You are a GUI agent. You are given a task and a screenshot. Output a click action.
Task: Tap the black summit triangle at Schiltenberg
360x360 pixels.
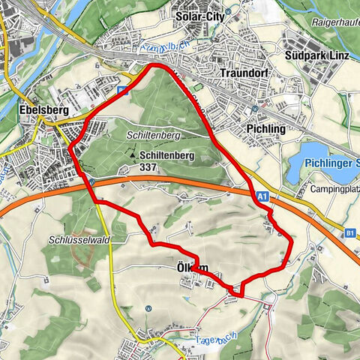click(x=131, y=154)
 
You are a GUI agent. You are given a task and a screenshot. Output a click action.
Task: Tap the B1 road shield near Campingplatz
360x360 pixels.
click(x=350, y=233)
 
